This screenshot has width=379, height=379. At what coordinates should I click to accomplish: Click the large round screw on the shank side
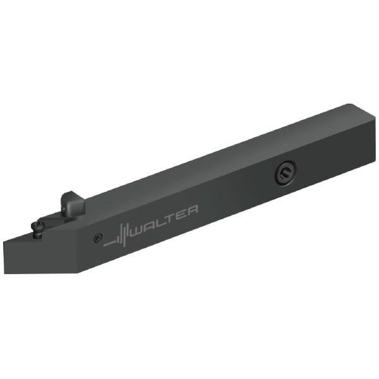point(286,173)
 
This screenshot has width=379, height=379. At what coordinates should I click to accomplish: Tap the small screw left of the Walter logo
point(99,238)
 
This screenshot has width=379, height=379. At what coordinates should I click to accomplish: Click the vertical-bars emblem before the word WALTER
point(121,236)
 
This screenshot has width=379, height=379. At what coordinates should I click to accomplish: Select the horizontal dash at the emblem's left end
point(109,245)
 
